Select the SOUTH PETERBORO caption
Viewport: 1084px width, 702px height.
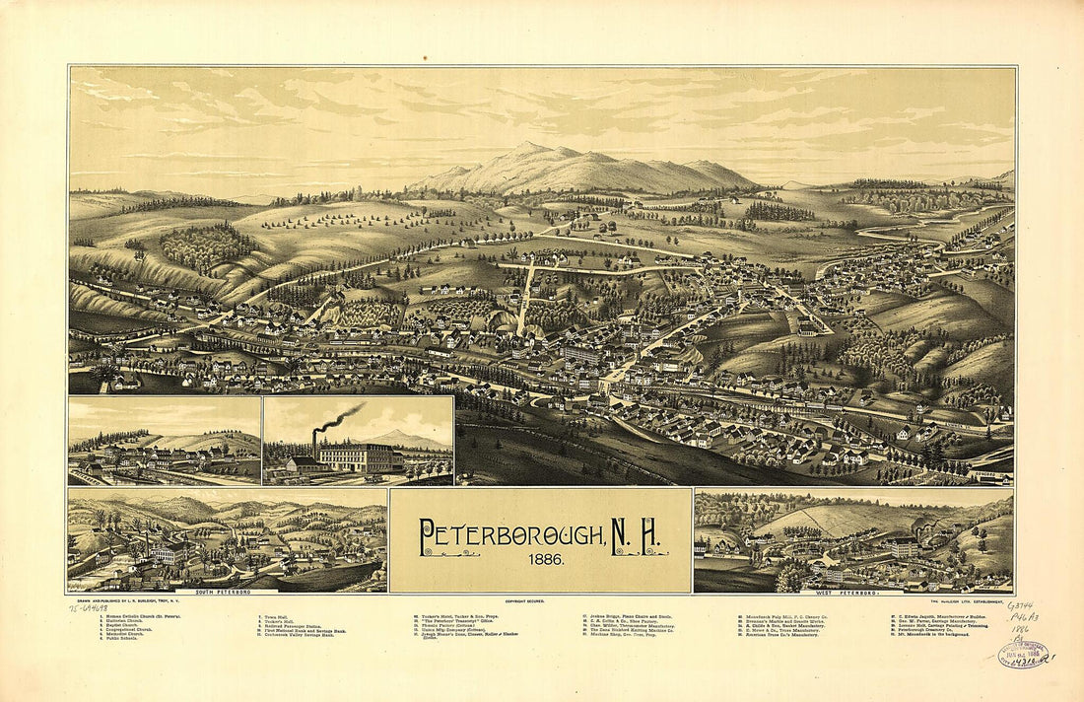[x=222, y=592]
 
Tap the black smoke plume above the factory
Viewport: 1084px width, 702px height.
[x=340, y=418]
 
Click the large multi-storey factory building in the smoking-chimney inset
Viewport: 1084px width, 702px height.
[x=356, y=457]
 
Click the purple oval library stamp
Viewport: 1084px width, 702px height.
[x=1022, y=654]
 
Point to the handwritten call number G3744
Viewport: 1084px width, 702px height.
[x=1020, y=606]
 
